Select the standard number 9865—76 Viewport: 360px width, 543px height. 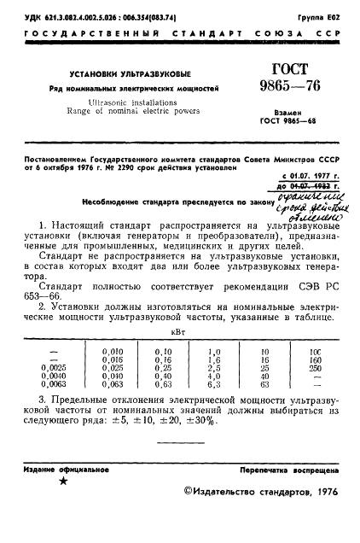click(274, 87)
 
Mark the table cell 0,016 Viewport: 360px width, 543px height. click(111, 359)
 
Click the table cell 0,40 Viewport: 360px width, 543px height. click(163, 377)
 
